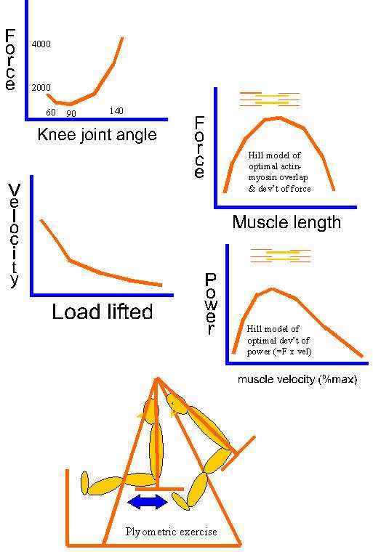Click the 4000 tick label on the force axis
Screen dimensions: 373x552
41,44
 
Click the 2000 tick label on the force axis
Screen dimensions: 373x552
41,88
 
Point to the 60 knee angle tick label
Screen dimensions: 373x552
51,113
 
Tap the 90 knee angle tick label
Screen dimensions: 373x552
71,113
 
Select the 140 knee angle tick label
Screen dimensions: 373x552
116,111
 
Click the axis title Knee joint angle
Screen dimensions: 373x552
97,135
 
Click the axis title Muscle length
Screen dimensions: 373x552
286,222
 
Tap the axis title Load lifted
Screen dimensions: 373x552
103,312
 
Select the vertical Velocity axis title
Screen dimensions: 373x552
14,235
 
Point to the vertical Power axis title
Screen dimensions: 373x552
210,304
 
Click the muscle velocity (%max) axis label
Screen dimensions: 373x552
297,379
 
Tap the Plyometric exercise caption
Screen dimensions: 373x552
171,531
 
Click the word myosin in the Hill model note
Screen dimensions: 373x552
261,177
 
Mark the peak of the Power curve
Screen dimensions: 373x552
272,289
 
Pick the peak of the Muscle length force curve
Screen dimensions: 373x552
280,118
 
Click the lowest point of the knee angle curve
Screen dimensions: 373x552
70,104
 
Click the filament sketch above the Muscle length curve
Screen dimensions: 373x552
270,99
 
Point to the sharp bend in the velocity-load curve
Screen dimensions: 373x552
70,261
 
